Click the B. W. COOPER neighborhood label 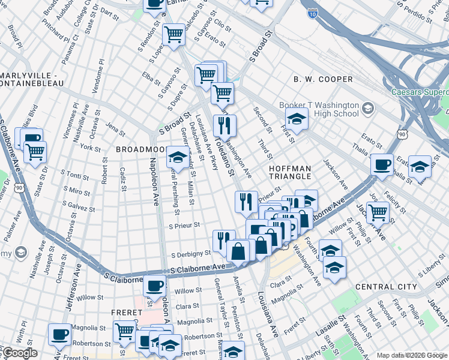pos(323,79)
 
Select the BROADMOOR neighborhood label pos(141,149)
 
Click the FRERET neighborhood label pos(126,313)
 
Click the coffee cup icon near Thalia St pos(381,164)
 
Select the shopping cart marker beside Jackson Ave pos(378,211)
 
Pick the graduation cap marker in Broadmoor pos(176,157)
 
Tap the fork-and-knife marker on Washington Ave pos(224,125)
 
